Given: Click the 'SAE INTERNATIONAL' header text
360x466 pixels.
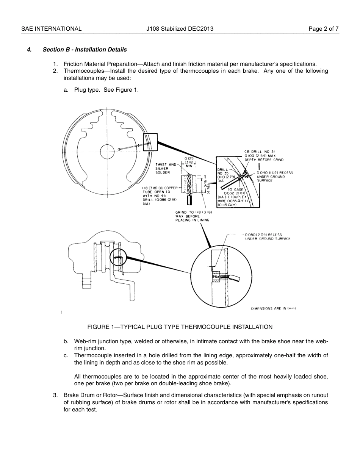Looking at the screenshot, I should [x=51, y=29].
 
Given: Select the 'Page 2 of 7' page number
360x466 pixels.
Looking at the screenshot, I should [x=324, y=29].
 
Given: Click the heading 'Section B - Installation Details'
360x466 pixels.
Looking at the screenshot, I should [x=85, y=50].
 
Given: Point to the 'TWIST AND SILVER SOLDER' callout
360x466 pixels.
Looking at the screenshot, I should [x=165, y=169].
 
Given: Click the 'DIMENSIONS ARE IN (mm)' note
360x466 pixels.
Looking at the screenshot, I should [x=273, y=308].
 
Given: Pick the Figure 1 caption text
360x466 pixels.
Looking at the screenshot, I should [x=180, y=327].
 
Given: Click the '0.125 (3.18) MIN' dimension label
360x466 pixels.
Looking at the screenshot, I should [x=189, y=162].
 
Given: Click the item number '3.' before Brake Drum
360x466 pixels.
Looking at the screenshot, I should [x=55, y=396].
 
